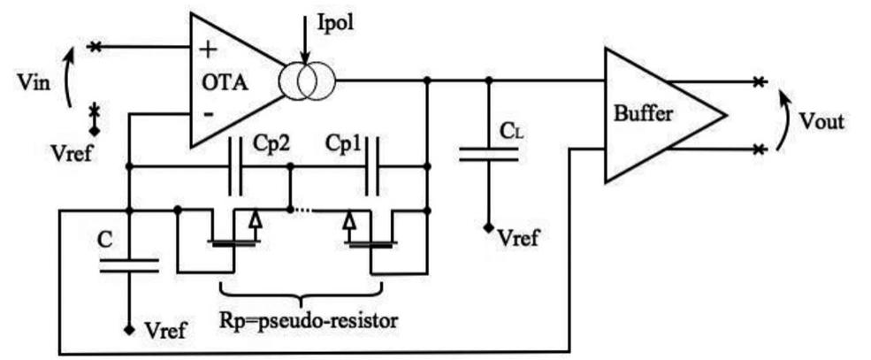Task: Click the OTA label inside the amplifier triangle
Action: (x=224, y=84)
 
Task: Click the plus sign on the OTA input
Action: (x=210, y=50)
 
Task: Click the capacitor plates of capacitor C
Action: (x=129, y=264)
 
